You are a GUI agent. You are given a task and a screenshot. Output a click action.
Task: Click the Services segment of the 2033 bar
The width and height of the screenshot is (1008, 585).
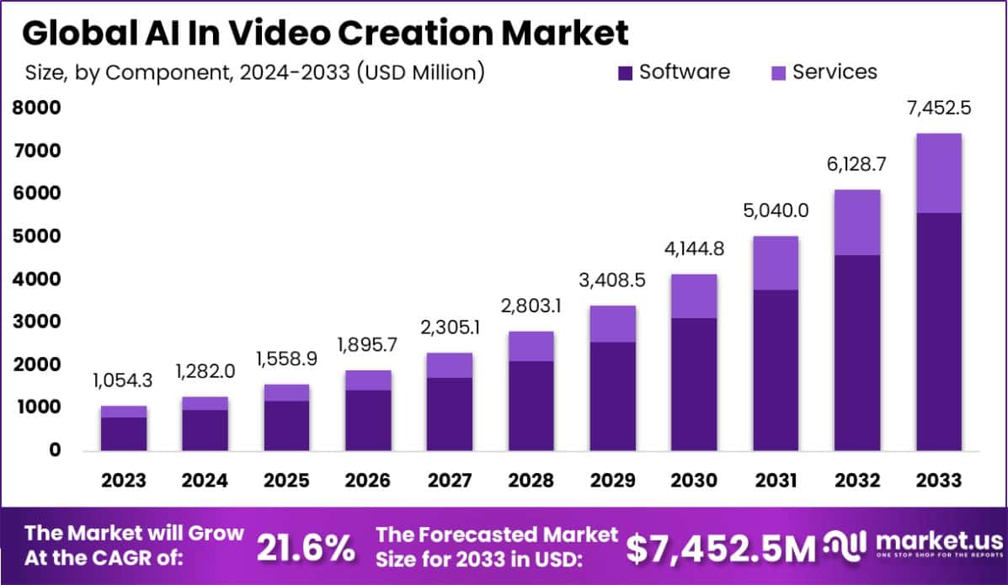click(x=937, y=173)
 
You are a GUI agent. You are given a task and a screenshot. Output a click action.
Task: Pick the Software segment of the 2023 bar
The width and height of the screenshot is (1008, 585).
click(x=124, y=433)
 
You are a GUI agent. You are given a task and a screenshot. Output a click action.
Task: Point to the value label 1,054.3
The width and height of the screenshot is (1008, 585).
click(x=124, y=381)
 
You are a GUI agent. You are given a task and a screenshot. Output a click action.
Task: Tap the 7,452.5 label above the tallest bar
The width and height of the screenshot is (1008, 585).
click(x=937, y=110)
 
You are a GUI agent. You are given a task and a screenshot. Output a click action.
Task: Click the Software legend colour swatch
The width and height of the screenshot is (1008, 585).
click(x=625, y=73)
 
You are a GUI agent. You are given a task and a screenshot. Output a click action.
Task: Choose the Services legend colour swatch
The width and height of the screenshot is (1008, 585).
click(x=778, y=73)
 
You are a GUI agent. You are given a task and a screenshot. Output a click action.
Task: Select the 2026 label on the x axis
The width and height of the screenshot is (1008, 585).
click(x=367, y=481)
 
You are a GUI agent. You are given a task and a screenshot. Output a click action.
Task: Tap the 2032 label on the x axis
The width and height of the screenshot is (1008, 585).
click(x=856, y=481)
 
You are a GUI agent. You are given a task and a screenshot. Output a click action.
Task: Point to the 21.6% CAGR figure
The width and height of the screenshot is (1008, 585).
click(x=306, y=548)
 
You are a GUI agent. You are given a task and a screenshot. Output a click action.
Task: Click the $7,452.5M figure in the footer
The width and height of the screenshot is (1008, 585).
click(x=721, y=548)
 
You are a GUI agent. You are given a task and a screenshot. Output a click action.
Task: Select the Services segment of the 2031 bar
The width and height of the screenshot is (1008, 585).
click(x=775, y=263)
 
